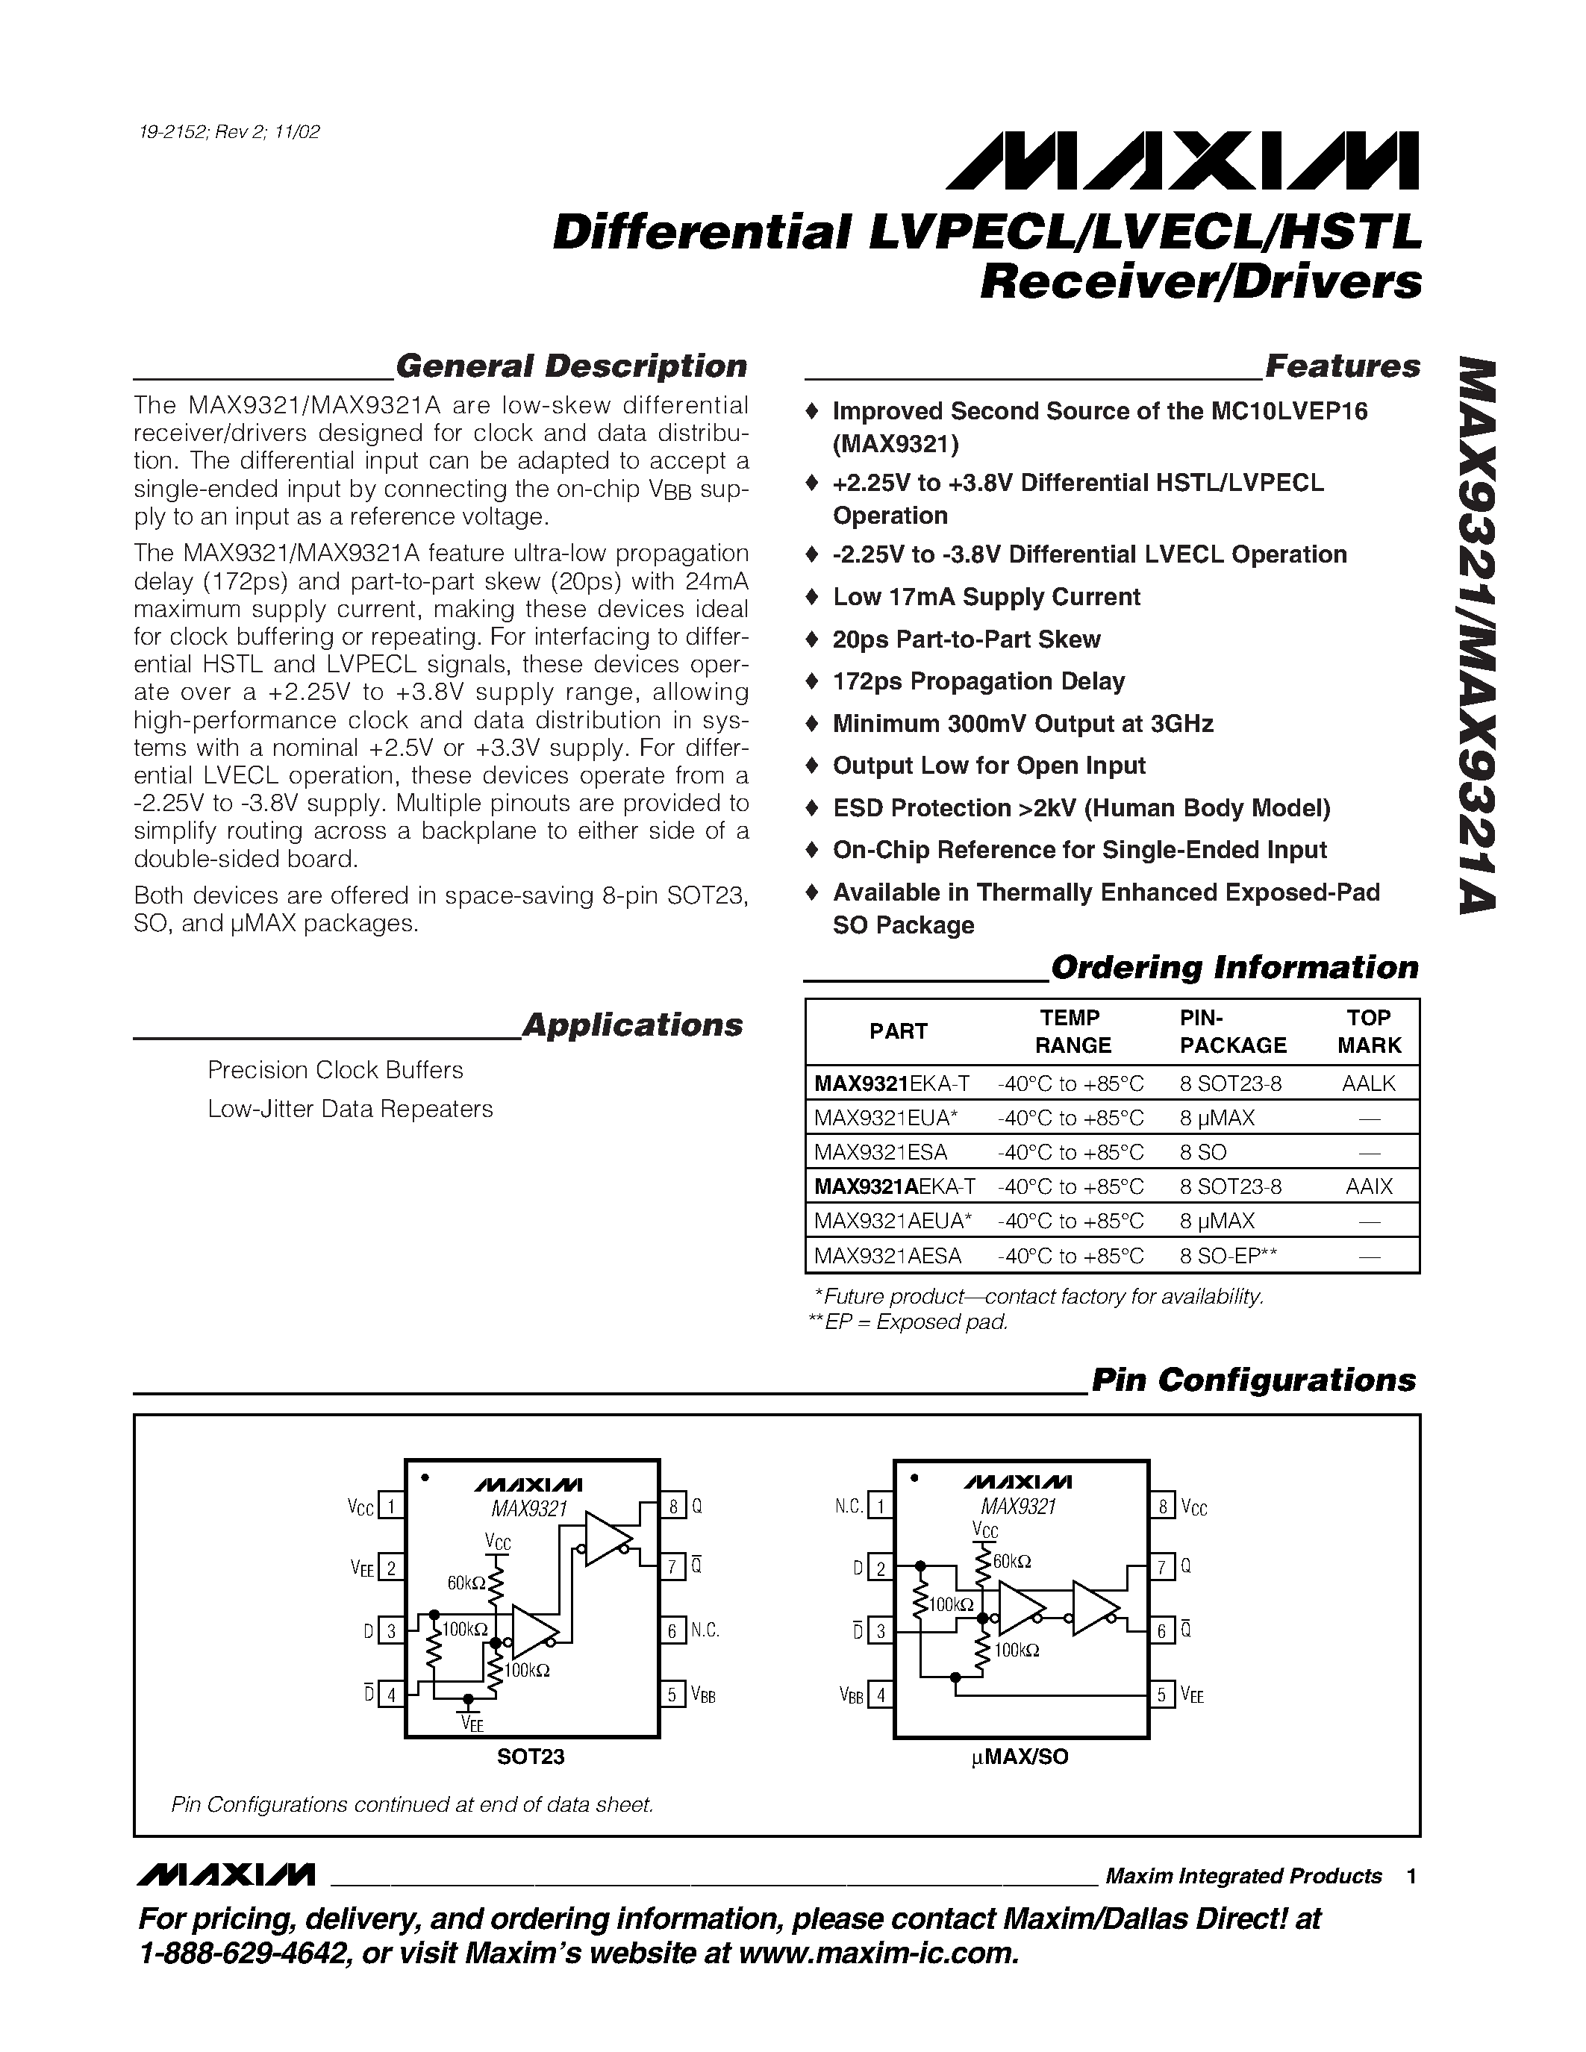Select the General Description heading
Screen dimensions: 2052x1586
571,366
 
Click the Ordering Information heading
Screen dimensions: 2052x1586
1234,967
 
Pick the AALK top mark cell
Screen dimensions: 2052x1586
1368,1083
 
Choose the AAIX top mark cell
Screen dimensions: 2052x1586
1368,1186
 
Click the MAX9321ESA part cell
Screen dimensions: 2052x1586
881,1152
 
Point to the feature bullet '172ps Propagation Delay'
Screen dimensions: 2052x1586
978,681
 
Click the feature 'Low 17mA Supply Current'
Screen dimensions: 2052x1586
986,597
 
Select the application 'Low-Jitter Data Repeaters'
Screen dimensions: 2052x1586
349,1109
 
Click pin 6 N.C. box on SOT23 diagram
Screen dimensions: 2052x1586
672,1630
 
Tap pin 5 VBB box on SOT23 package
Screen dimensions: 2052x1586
672,1695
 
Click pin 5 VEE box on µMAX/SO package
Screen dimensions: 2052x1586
1162,1695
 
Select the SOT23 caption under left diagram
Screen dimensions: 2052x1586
531,1757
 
